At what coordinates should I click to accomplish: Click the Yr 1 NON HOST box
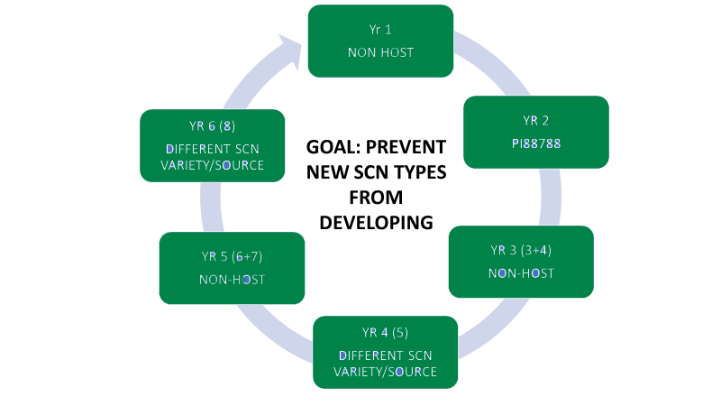(x=380, y=41)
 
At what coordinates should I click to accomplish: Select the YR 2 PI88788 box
(x=536, y=132)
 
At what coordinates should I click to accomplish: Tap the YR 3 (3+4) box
(x=521, y=262)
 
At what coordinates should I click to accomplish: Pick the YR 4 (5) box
(x=386, y=352)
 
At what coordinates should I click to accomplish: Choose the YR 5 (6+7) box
(x=233, y=268)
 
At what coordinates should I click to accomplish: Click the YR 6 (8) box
(x=213, y=145)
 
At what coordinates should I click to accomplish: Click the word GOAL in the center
(x=333, y=147)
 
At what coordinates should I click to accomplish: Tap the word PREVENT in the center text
(x=406, y=147)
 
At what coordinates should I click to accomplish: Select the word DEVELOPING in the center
(x=376, y=223)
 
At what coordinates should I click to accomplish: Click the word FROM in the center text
(x=376, y=198)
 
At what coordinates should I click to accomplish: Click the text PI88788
(x=536, y=143)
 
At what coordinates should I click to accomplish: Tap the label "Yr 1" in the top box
(x=380, y=30)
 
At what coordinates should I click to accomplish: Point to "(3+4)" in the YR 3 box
(x=536, y=251)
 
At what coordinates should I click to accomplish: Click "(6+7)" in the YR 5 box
(x=247, y=256)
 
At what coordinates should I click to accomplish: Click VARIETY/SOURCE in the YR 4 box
(x=386, y=372)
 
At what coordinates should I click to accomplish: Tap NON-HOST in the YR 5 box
(x=233, y=280)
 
